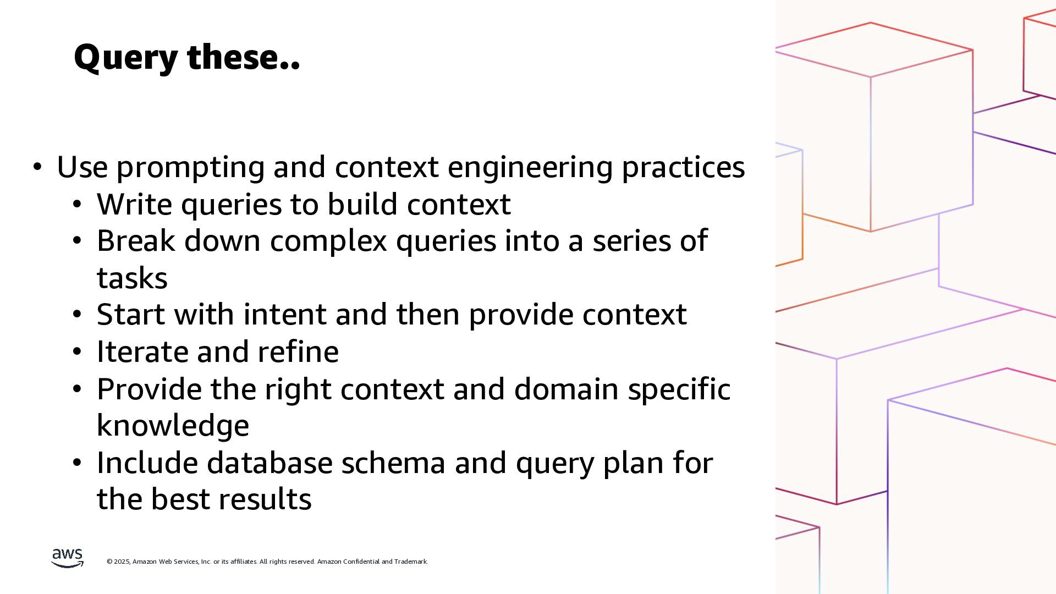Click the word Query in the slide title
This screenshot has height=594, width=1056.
pos(126,58)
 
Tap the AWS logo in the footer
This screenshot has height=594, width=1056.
pos(68,558)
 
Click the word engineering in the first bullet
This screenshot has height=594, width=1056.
pos(530,167)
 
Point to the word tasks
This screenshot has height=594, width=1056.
pos(132,278)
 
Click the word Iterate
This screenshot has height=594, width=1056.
pos(142,351)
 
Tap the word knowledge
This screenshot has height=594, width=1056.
pos(173,426)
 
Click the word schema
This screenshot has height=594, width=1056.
pos(393,463)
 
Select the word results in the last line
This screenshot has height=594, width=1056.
pos(265,499)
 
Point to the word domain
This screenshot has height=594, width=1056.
pos(566,389)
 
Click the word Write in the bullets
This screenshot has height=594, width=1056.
pos(134,204)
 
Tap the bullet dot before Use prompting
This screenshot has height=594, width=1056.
pos(37,167)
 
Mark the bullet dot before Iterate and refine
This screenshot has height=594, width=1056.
pos(77,351)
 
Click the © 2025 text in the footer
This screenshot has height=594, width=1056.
pos(118,562)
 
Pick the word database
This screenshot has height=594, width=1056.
pos(269,463)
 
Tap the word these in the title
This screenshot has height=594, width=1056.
pos(243,58)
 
